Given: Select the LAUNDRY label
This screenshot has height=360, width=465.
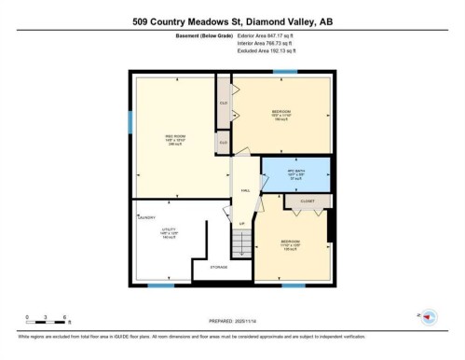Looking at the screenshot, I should tap(146, 216).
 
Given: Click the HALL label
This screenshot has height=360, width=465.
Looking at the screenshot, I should tap(246, 190).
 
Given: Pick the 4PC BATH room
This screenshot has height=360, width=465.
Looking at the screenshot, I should tap(295, 173).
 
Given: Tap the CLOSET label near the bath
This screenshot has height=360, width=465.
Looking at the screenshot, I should tap(307, 201).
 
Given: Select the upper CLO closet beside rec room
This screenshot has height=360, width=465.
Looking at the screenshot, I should tap(224, 102).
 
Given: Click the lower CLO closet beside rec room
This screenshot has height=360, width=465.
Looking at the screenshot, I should tap(224, 141).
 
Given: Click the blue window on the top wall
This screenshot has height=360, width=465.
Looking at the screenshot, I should tap(285, 72).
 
